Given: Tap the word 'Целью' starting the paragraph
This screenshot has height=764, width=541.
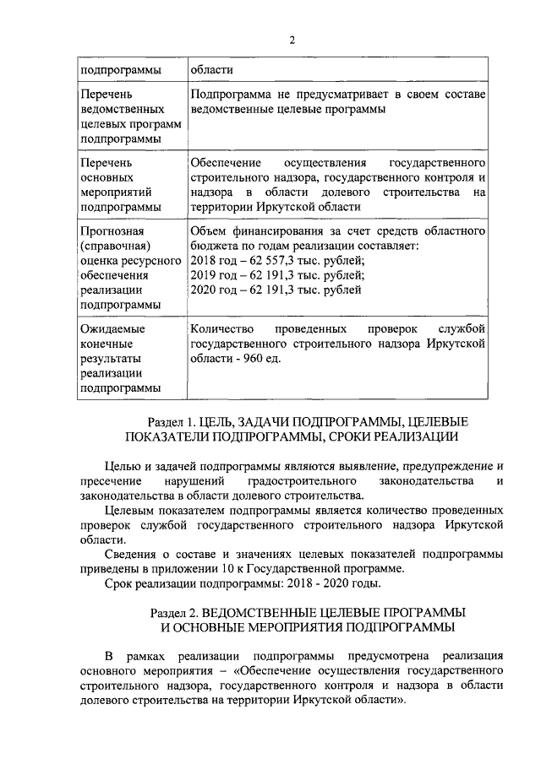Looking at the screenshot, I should click(x=123, y=465).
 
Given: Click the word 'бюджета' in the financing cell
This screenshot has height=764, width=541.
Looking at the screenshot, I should click(x=215, y=245).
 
